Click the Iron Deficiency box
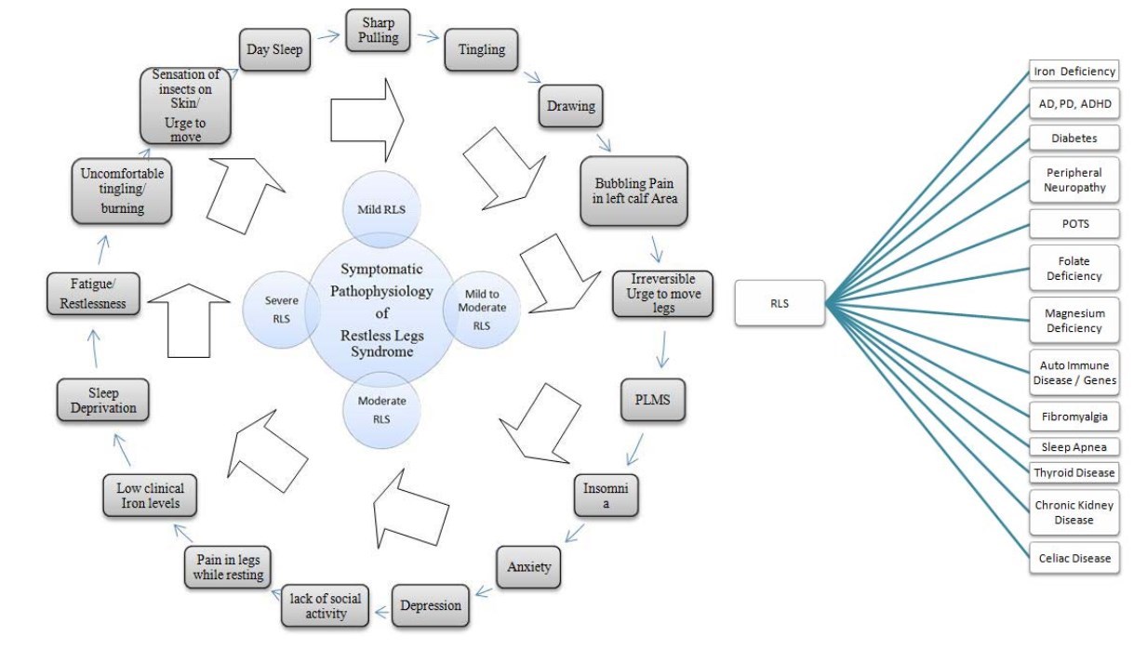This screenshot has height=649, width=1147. (1074, 71)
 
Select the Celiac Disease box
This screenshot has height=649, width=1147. (1074, 558)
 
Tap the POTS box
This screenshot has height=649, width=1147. (1074, 224)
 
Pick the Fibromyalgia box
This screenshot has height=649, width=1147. (1074, 413)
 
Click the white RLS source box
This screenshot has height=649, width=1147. (780, 303)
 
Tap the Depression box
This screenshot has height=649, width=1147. (430, 605)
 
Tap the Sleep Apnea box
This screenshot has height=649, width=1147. (1074, 446)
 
